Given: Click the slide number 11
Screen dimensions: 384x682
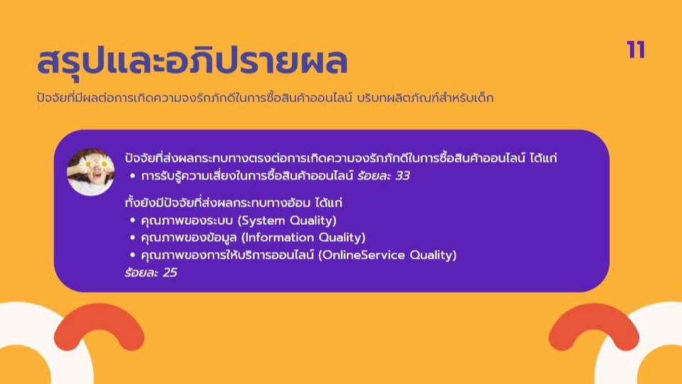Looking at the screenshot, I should coord(636,50).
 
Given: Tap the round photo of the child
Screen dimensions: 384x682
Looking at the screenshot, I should coord(90,172).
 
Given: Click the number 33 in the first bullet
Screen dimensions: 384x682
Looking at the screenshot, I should coord(402,176).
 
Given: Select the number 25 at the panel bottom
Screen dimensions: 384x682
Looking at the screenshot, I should coord(169,272).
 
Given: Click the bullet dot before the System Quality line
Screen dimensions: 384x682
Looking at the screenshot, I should coord(132,221).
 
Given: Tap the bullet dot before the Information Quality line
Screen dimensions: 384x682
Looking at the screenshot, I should coord(132,238).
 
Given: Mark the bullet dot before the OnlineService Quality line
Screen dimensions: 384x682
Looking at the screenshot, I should coord(132,255).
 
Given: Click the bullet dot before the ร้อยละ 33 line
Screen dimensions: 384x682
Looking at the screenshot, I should coord(132,176).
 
